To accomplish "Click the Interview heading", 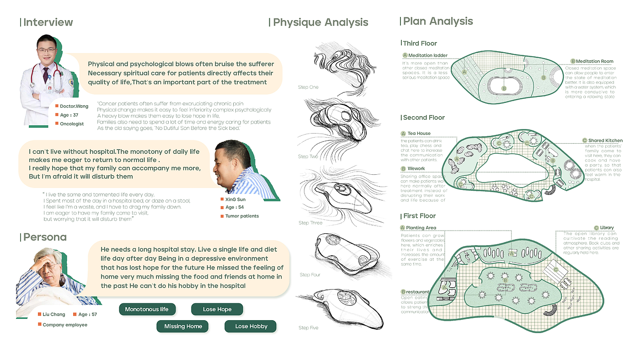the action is [48, 22].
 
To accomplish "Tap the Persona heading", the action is [45, 237].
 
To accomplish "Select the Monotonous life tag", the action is [147, 310].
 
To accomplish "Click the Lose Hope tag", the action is [217, 310].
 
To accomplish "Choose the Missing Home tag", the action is [183, 327].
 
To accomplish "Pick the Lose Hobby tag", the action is [251, 327].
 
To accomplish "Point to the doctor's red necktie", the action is [45, 73].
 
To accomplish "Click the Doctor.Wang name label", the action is [74, 107].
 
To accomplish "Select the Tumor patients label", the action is [242, 216].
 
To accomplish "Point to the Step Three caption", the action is [310, 223].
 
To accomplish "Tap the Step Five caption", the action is [308, 328].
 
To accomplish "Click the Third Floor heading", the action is [420, 43].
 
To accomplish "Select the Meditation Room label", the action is [594, 61].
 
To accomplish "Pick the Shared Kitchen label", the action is [605, 140].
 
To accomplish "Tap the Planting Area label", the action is [421, 228].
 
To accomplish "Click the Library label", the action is [607, 228].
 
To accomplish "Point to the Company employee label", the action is [65, 325].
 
